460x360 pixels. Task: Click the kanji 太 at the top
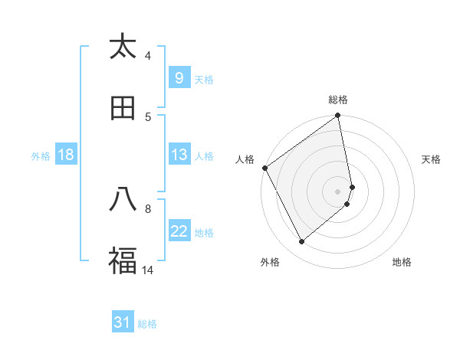click(x=123, y=47)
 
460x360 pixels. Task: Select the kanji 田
click(x=123, y=108)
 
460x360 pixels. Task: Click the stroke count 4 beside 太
click(x=148, y=55)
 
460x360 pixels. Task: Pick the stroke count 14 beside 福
click(x=148, y=270)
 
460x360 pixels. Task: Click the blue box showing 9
click(x=179, y=78)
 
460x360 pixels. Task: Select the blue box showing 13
click(x=179, y=155)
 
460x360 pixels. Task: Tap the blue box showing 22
click(x=179, y=231)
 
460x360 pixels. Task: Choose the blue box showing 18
click(x=66, y=155)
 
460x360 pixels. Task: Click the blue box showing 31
click(x=123, y=323)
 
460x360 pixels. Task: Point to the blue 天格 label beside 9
click(x=204, y=79)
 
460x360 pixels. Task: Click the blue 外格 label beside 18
click(x=41, y=155)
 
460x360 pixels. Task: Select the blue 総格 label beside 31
click(x=147, y=324)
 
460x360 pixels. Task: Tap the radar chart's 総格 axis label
click(x=338, y=100)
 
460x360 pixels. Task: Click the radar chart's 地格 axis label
click(x=402, y=262)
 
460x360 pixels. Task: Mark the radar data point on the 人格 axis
click(x=264, y=168)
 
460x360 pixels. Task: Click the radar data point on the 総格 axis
click(x=338, y=116)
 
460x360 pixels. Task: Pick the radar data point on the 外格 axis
click(x=301, y=242)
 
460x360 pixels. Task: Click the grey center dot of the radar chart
click(x=338, y=191)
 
